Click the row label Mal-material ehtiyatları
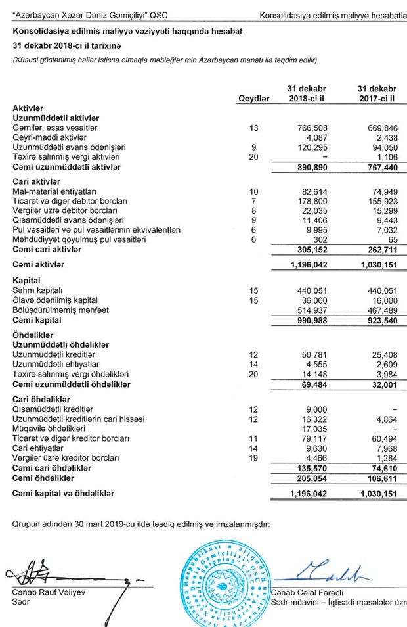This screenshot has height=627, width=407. [55, 191]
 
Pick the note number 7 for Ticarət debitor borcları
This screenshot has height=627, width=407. [255, 200]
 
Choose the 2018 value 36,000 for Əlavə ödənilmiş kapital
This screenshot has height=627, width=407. [314, 300]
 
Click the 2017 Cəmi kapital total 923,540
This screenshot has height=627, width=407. [380, 320]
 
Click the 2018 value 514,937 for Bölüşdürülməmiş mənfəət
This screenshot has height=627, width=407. [312, 310]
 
